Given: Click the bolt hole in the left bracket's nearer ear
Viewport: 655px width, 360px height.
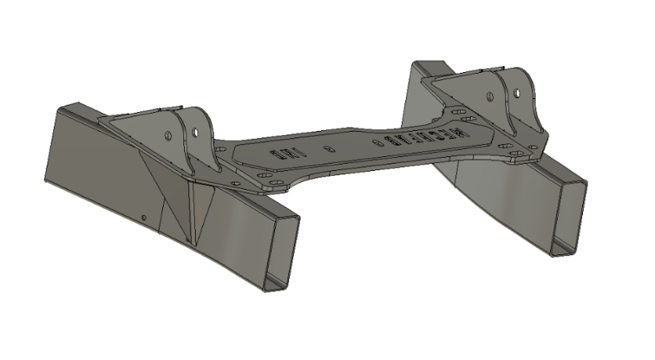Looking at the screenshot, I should (196, 130).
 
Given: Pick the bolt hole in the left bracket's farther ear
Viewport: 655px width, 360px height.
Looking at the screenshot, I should (169, 134).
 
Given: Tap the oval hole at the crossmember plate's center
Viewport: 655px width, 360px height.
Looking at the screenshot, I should (328, 149).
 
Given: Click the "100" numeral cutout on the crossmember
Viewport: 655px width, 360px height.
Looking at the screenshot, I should (287, 152).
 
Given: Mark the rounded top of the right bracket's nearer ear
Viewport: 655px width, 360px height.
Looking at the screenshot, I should (521, 77).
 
